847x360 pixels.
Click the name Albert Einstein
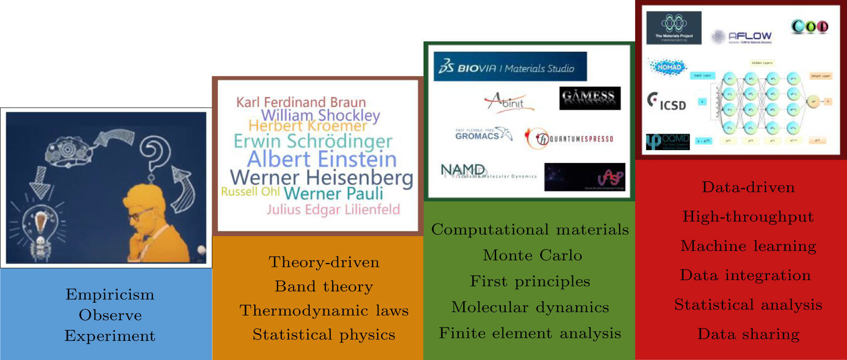coord(322,159)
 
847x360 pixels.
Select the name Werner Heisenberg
coord(321,177)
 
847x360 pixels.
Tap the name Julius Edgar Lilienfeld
coord(333,209)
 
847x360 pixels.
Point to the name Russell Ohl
coord(250,192)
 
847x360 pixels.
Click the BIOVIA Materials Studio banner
coord(510,67)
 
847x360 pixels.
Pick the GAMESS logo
coord(589,98)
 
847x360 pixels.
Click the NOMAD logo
coord(667,67)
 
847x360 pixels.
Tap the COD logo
coord(809,26)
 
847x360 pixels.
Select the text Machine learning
coord(748,246)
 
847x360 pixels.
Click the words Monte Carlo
coord(532,255)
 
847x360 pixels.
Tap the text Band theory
coord(324,286)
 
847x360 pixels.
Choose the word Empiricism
coord(110,295)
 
